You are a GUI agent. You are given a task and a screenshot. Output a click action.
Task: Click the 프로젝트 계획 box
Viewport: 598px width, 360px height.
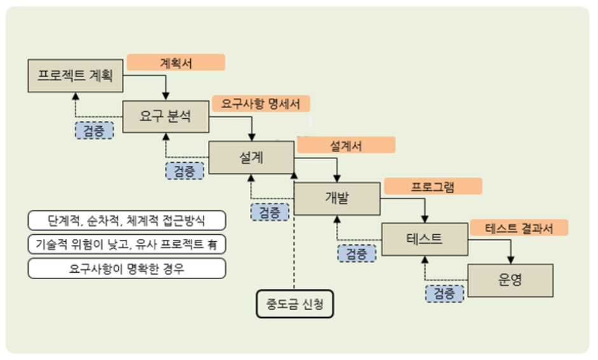tap(75, 76)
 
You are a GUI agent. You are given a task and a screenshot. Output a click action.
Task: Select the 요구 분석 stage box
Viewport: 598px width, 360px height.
tap(165, 116)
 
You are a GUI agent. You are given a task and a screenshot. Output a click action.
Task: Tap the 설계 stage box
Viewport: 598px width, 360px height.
tap(251, 157)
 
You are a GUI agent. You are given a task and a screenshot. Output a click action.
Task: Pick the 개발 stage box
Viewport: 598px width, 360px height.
tap(337, 198)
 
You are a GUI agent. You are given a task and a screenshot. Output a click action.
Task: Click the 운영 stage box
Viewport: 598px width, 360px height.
tap(510, 279)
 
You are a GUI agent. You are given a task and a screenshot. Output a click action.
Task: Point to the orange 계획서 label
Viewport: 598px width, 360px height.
tap(176, 62)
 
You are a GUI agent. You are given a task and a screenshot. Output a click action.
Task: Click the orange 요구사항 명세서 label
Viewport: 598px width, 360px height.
tap(261, 104)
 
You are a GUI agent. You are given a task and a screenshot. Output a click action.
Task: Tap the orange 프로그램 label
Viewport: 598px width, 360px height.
tap(433, 186)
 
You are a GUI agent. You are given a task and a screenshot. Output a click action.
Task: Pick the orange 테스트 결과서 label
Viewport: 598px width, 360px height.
tap(518, 227)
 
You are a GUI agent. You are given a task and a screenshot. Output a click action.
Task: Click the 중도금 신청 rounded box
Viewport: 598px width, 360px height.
tap(295, 303)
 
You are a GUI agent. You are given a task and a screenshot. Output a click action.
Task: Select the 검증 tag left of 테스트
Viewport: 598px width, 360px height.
tap(356, 253)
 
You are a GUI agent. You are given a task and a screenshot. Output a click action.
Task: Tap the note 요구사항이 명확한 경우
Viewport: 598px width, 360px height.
tap(127, 268)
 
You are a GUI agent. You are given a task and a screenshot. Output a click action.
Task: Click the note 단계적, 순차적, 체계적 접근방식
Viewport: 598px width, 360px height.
tap(127, 221)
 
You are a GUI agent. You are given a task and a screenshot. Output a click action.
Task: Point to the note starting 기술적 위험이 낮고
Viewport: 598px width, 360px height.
tap(127, 244)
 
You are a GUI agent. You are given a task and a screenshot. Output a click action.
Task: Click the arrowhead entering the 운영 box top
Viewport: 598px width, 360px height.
tap(510, 261)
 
